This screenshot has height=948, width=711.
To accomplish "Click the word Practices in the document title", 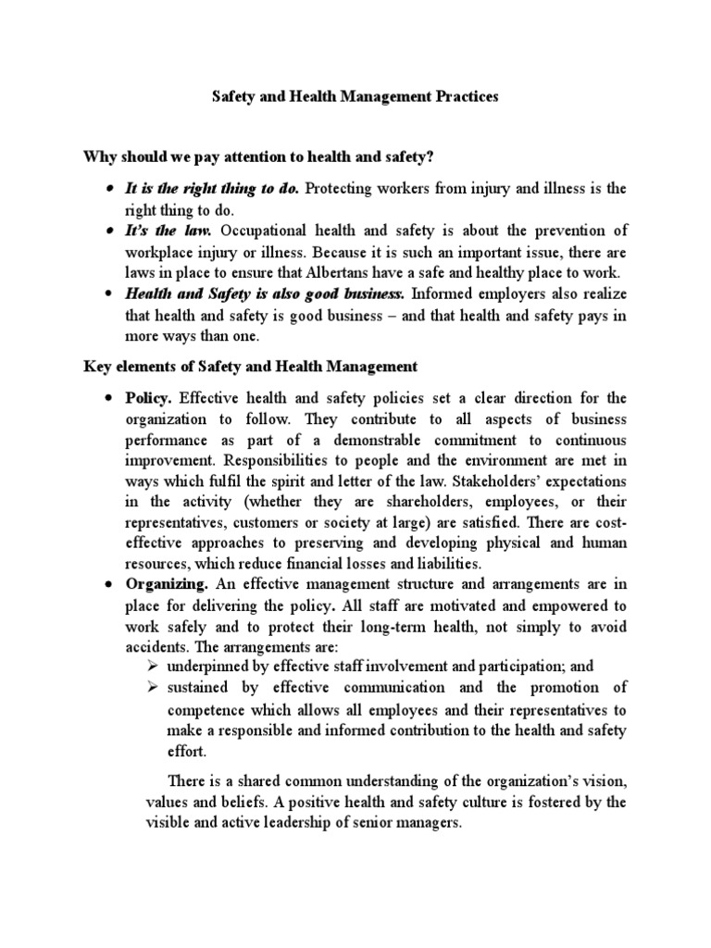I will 460,95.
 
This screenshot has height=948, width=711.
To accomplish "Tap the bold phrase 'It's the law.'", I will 169,231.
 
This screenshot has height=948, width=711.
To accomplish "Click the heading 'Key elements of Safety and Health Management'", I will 250,367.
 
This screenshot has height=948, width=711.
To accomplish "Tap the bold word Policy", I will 149,398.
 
